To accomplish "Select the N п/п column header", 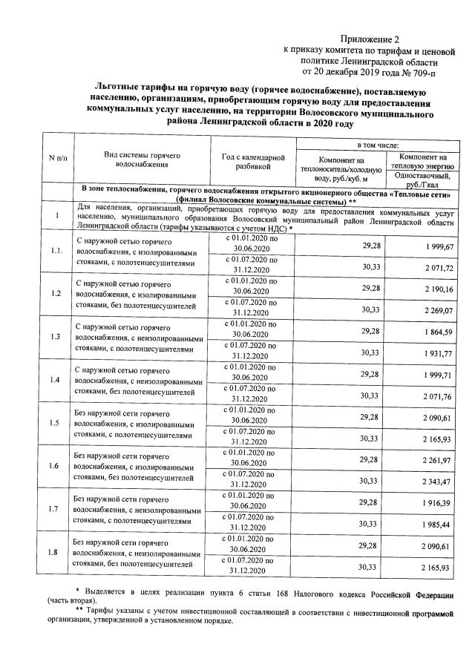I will (x=56, y=158).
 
